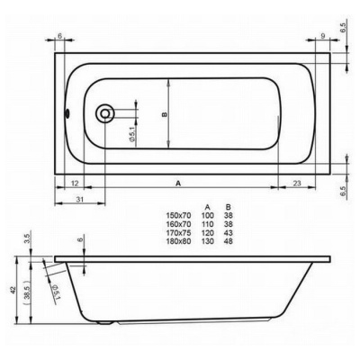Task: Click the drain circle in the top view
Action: coord(104,113)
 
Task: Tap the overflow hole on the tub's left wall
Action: coord(67,113)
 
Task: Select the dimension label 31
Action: coord(79,199)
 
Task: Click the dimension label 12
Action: coord(75,183)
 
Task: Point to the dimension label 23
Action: coord(296,183)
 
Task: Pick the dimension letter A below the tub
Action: coord(178,183)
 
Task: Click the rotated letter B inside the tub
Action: coord(164,114)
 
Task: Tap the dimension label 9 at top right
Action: coord(323,36)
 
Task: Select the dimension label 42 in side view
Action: coord(13,290)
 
